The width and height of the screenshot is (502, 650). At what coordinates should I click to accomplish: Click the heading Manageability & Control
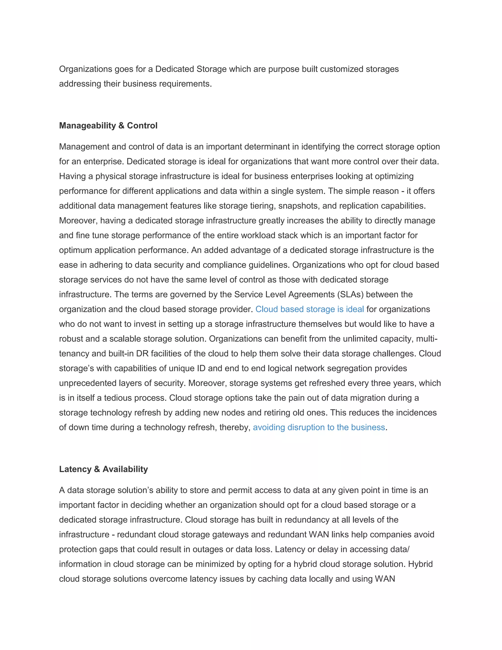tap(108, 126)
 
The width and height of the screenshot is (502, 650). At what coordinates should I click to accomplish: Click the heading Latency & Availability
tap(103, 469)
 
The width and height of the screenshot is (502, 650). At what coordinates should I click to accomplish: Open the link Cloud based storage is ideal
tap(310, 309)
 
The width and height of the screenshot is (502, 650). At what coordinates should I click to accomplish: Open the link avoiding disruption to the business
tap(319, 427)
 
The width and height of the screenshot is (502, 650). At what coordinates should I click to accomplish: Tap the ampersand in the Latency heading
tap(97, 469)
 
